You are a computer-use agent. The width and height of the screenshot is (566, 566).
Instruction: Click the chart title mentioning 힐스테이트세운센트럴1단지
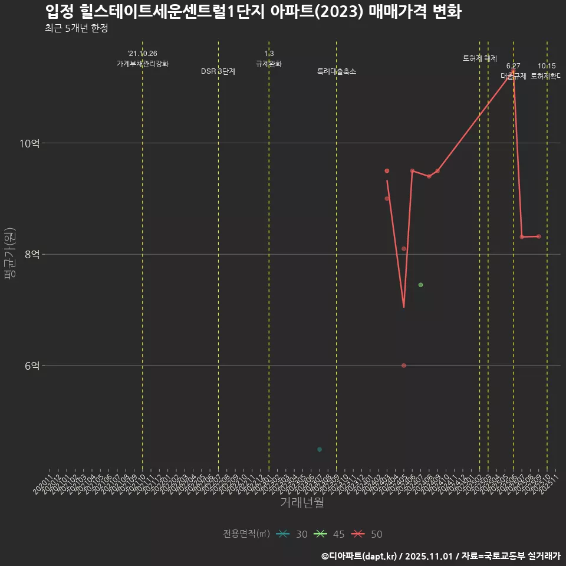[253, 12]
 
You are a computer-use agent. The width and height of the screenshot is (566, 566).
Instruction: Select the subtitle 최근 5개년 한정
[76, 28]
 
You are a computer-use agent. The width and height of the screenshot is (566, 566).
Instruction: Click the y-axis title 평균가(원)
[10, 254]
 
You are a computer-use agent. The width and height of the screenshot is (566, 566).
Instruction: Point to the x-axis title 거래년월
[302, 503]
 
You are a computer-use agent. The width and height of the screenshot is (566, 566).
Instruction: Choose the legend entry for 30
[292, 534]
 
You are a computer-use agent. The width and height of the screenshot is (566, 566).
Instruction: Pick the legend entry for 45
[330, 534]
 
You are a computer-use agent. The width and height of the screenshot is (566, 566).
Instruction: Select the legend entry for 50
[367, 534]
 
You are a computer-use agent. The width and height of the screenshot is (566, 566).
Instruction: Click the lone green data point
[420, 285]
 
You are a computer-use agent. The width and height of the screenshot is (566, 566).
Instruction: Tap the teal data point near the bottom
[320, 449]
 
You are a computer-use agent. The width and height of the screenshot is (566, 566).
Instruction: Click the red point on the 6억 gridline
[404, 366]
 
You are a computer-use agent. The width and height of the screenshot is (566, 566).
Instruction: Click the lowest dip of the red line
[404, 307]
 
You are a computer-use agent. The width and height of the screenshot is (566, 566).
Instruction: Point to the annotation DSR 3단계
[218, 71]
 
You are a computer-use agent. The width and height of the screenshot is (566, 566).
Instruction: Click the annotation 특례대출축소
[336, 71]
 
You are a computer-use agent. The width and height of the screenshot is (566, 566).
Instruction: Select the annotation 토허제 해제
[480, 58]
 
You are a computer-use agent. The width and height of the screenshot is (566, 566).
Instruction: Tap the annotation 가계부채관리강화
[143, 64]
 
